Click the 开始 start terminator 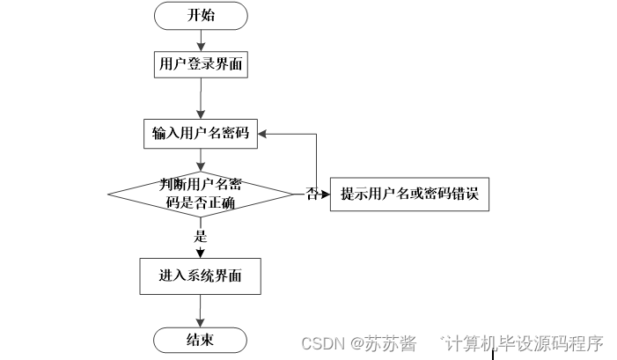(x=201, y=16)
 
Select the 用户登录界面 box (x=201, y=63)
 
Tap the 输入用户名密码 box (x=201, y=134)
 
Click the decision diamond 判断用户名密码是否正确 (x=201, y=193)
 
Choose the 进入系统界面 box (x=201, y=276)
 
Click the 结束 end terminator (x=201, y=339)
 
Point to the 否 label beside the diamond (x=312, y=194)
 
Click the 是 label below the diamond (x=201, y=236)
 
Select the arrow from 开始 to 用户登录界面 (x=201, y=39)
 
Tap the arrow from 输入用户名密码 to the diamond (x=201, y=160)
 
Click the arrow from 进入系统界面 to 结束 (x=201, y=310)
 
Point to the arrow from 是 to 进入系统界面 (x=201, y=250)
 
